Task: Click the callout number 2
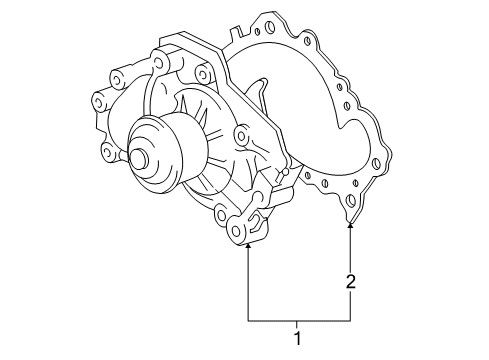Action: tap(350, 284)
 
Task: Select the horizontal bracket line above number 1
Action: tap(298, 319)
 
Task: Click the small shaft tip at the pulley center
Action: tap(136, 158)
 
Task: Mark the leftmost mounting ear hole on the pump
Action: tap(99, 100)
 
